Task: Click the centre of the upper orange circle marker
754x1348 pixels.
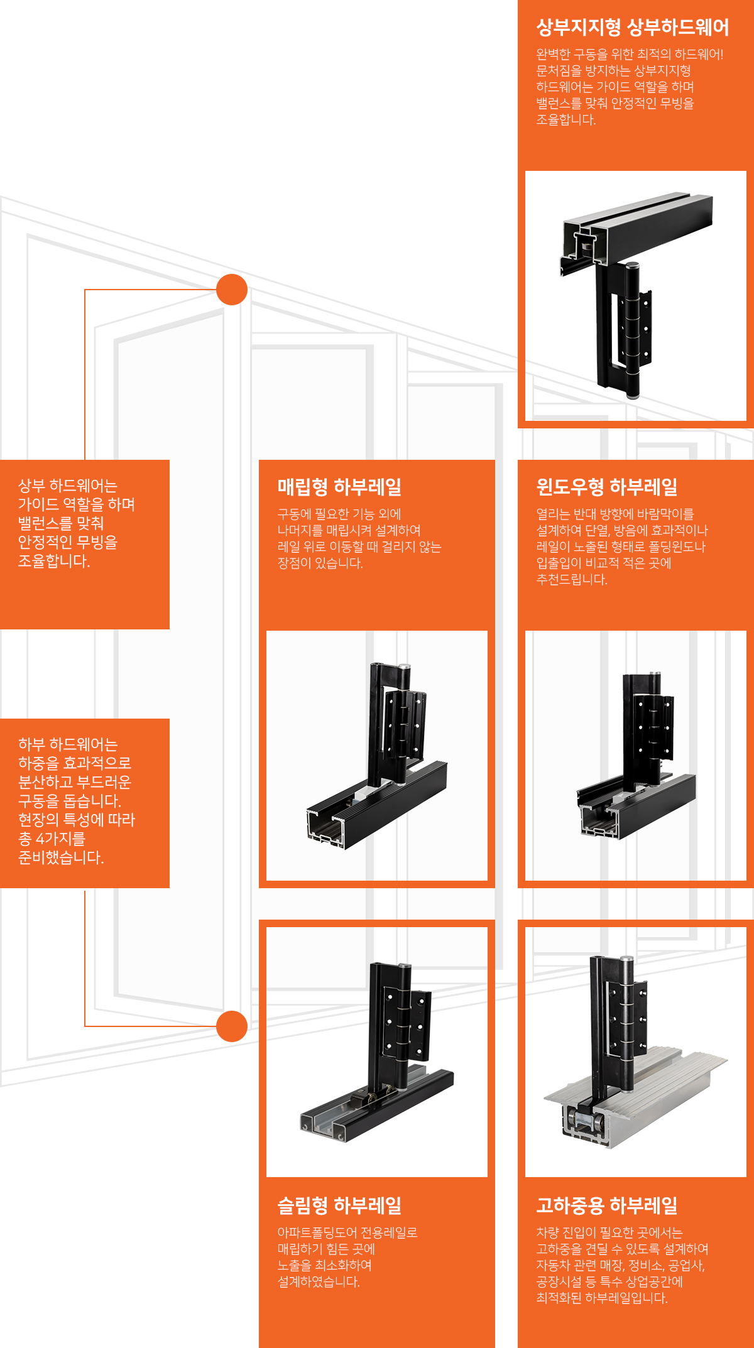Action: click(x=232, y=290)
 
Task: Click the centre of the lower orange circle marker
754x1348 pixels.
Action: click(x=232, y=1026)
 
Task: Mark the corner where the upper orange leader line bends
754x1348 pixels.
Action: click(x=85, y=290)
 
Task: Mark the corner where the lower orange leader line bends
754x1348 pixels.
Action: click(x=85, y=1026)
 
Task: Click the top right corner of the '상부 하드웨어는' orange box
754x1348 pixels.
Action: click(x=170, y=460)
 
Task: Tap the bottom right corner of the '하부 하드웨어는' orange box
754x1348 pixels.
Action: click(x=170, y=888)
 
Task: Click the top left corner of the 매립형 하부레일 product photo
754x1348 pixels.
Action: click(x=266, y=631)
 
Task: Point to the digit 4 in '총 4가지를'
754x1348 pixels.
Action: click(x=40, y=839)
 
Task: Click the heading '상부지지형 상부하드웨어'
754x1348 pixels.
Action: click(x=632, y=28)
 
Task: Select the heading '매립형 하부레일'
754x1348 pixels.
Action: click(x=339, y=487)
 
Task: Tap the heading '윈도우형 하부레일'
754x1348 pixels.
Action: click(x=606, y=487)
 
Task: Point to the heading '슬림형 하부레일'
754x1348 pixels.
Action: click(x=339, y=1205)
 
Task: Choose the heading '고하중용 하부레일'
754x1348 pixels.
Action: click(x=606, y=1205)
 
